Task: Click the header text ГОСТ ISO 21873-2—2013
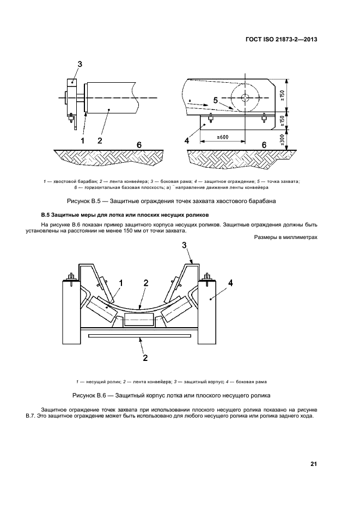282,40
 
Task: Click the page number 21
314,464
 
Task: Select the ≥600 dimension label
223,137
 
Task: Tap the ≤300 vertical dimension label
282,141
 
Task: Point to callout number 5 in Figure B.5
216,100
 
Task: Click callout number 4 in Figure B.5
187,140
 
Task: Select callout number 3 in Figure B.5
80,64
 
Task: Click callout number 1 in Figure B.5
82,140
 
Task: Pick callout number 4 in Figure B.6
230,283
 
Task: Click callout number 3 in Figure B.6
184,245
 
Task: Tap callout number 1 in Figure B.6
121,284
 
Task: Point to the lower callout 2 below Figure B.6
145,358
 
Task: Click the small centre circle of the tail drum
245,97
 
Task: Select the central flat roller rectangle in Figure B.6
139,320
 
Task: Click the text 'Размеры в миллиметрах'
286,237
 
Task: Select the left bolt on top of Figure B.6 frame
70,279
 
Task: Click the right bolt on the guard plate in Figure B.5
264,119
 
